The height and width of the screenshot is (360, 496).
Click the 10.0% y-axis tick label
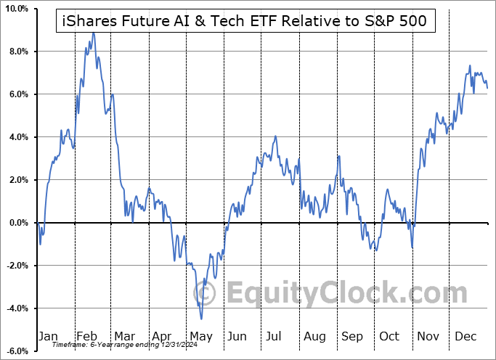(15, 9)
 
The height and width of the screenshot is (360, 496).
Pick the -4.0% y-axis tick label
(16, 308)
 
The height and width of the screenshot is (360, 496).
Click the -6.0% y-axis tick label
(16, 351)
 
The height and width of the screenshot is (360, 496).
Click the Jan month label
(47, 337)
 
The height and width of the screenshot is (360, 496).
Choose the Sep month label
(352, 337)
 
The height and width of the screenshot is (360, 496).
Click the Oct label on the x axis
(390, 337)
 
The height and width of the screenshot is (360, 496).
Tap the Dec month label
(465, 337)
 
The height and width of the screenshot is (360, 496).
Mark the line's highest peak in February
(92, 33)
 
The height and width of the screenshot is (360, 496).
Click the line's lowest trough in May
(201, 319)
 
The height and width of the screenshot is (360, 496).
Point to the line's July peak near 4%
(275, 136)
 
